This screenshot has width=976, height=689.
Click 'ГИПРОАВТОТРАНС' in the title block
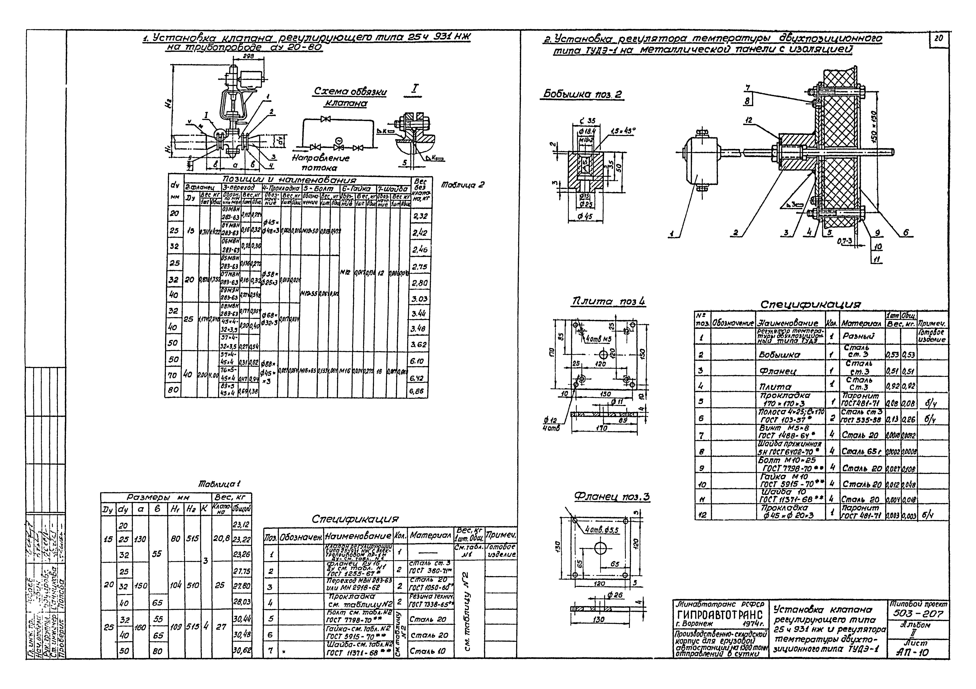pyautogui.click(x=720, y=615)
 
